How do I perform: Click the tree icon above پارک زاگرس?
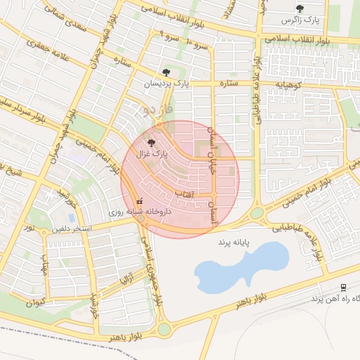point(300,9)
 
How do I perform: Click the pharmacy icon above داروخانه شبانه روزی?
point(139,199)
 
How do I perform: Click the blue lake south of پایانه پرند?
point(239,268)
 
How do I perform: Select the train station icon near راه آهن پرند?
point(343,288)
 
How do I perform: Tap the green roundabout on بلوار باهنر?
point(165,329)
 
